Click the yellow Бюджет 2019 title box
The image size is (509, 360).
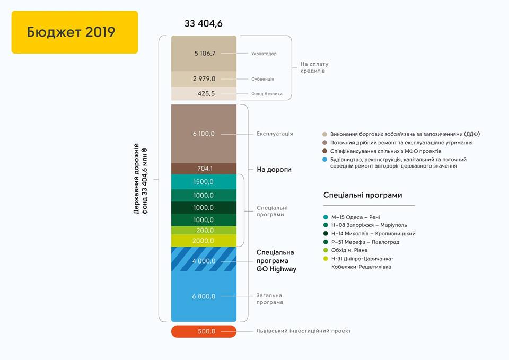(x=75, y=32)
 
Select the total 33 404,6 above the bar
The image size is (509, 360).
(x=204, y=24)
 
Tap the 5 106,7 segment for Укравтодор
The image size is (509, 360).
(x=204, y=53)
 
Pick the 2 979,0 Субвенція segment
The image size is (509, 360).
(x=204, y=79)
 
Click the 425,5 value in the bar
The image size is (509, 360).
(x=206, y=93)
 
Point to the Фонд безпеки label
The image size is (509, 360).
(x=267, y=94)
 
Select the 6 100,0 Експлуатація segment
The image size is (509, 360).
(x=204, y=134)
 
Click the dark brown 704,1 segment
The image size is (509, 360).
(x=204, y=169)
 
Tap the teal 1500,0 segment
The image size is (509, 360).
(x=204, y=182)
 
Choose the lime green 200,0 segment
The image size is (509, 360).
(x=204, y=231)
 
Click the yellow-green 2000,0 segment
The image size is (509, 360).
(x=204, y=241)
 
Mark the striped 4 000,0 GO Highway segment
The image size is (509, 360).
(x=204, y=259)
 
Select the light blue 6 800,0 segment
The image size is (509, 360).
(x=204, y=296)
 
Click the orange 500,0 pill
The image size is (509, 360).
(x=204, y=331)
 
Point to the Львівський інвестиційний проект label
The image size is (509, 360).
(x=303, y=331)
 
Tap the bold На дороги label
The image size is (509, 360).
(x=274, y=170)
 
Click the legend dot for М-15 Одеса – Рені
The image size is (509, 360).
(x=326, y=217)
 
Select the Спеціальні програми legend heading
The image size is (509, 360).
(x=363, y=195)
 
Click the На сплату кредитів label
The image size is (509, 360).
(x=314, y=67)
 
